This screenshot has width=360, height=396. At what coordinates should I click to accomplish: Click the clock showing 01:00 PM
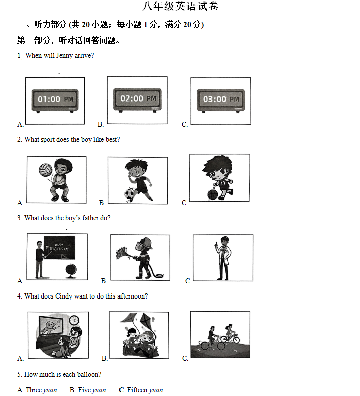(x=55, y=101)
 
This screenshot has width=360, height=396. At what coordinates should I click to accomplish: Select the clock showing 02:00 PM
(x=138, y=100)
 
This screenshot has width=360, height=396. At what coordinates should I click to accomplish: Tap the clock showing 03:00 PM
(x=221, y=101)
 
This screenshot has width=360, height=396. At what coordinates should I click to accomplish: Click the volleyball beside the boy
(x=45, y=170)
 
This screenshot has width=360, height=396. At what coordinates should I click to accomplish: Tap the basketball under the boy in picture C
(x=213, y=194)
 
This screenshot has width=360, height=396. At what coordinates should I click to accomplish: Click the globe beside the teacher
(x=71, y=271)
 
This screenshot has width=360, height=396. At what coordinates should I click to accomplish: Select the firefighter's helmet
(x=144, y=243)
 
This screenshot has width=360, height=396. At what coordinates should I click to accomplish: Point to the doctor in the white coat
(x=223, y=258)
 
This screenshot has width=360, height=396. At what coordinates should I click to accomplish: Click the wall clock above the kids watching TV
(x=74, y=320)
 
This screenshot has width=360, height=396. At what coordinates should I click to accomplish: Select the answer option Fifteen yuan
(x=142, y=390)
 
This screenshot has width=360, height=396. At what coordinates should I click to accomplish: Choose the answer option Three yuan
(x=38, y=390)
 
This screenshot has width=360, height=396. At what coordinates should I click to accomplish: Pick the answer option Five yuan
(x=88, y=390)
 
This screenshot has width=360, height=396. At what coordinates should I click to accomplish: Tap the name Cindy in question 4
(x=64, y=296)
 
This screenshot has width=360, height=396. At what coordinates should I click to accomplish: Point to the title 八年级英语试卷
(x=180, y=6)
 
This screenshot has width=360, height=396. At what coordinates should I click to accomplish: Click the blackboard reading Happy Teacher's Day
(x=59, y=247)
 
